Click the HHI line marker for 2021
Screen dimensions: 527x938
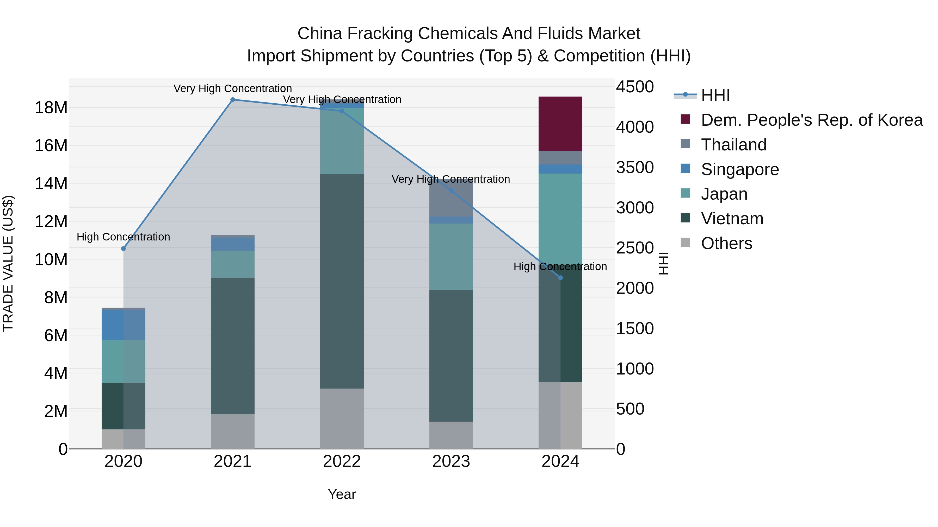pos(233,100)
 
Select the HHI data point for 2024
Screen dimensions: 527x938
pos(560,278)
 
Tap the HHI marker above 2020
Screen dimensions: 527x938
pos(124,249)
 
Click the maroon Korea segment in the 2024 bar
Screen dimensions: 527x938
pos(560,124)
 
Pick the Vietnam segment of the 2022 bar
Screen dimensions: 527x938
pos(342,281)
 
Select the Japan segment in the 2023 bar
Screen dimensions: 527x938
pos(451,256)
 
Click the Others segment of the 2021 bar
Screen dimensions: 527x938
pos(233,431)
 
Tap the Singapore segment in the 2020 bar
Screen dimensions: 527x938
pos(124,325)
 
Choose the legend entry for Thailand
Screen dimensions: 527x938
pos(733,145)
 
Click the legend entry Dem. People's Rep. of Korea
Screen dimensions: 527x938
pos(811,120)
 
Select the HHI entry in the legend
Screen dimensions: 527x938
pos(715,95)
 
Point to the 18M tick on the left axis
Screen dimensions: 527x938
pos(51,108)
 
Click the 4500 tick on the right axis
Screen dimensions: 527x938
pos(635,87)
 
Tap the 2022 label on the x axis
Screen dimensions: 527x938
pos(342,461)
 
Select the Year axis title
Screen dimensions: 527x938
pos(342,494)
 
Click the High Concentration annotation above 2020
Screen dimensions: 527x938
pos(124,237)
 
